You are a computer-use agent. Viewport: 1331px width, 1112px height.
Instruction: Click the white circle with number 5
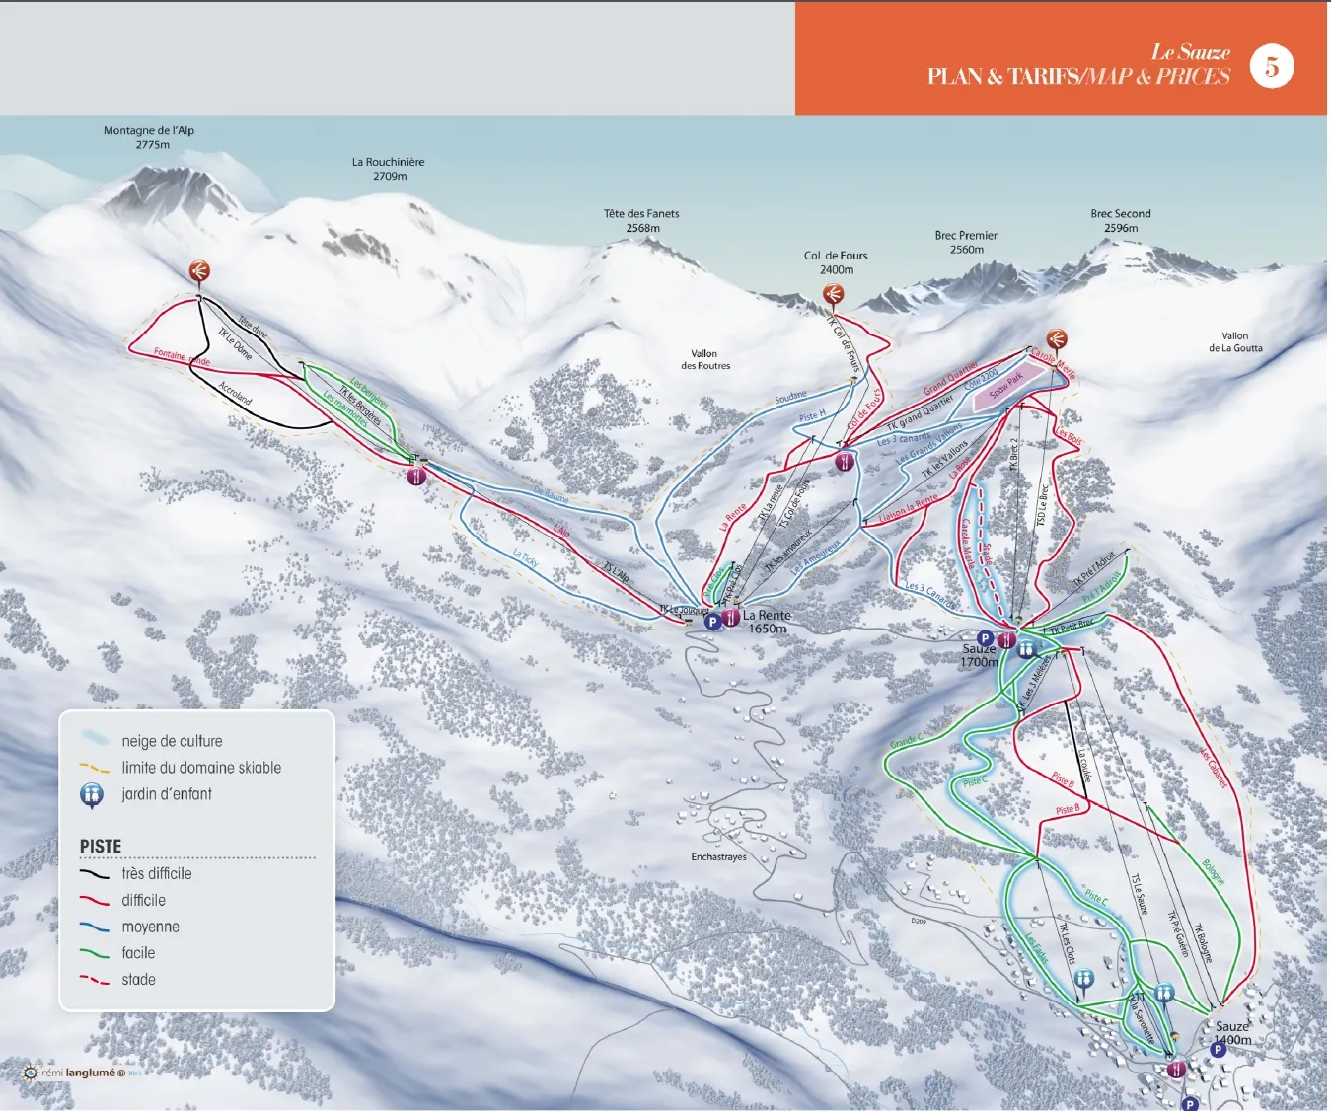(x=1272, y=66)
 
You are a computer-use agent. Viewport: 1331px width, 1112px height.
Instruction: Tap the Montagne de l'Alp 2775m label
(x=149, y=137)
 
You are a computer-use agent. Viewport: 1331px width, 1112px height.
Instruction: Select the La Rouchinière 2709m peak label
(x=389, y=169)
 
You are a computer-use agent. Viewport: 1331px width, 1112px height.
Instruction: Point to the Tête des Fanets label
(x=641, y=220)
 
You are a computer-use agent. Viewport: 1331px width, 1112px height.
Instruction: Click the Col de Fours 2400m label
(x=836, y=262)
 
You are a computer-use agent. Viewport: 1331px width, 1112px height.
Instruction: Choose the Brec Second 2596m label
(x=1121, y=220)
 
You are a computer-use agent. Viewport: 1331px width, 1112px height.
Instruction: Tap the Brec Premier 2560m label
(x=966, y=242)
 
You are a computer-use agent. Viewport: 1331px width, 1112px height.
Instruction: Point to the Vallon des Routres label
(x=704, y=359)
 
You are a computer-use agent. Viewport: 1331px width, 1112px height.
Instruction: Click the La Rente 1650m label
(x=767, y=622)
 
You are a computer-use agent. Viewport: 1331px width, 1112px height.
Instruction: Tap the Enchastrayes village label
(x=718, y=856)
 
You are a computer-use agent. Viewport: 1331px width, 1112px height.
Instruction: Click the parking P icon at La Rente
(x=712, y=622)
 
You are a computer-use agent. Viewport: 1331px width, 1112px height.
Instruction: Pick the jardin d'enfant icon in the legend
(x=92, y=794)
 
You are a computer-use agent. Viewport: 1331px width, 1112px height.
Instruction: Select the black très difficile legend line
(x=95, y=874)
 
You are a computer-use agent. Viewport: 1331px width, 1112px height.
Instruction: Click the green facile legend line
(x=95, y=954)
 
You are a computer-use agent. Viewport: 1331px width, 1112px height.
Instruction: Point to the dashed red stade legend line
(x=95, y=980)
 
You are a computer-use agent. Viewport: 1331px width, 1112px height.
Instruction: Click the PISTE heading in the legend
(x=101, y=847)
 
